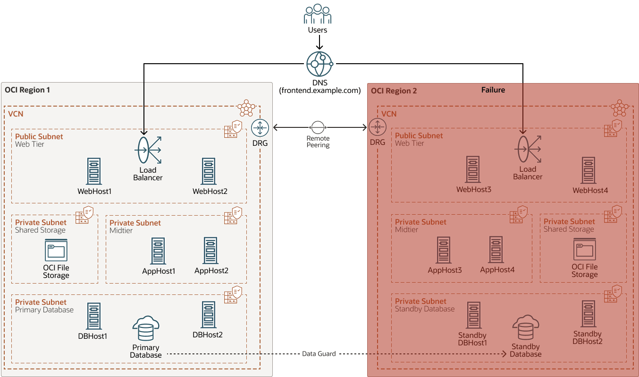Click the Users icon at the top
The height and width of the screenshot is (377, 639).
[317, 14]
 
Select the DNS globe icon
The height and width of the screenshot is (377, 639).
[319, 64]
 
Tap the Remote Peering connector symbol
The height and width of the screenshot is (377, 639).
[318, 127]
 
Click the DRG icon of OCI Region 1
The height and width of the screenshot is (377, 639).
[260, 127]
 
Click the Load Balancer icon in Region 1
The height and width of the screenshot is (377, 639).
[148, 150]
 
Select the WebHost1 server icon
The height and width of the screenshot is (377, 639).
[94, 171]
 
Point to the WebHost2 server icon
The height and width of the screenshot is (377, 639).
[210, 171]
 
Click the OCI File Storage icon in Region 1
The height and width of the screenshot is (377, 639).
[56, 250]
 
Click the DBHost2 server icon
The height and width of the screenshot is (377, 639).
[208, 315]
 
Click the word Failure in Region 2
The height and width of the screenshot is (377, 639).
[493, 90]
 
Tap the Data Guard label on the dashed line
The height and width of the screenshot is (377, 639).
[319, 353]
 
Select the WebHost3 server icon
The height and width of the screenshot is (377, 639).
[473, 169]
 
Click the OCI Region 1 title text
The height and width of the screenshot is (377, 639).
[27, 90]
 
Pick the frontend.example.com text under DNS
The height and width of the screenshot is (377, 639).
[319, 91]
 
